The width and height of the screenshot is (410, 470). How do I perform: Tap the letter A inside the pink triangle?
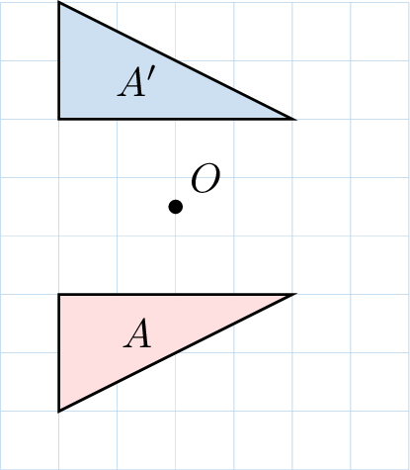pyautogui.click(x=137, y=333)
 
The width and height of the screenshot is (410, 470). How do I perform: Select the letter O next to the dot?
pyautogui.click(x=205, y=178)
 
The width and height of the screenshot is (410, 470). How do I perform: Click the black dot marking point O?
pyautogui.click(x=176, y=207)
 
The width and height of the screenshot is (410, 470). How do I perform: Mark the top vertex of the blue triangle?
pyautogui.click(x=59, y=3)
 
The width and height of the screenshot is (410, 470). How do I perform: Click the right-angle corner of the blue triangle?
pyautogui.click(x=59, y=119)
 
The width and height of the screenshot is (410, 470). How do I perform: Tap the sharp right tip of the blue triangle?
pyautogui.click(x=294, y=119)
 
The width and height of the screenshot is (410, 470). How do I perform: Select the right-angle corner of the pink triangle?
pyautogui.click(x=59, y=294)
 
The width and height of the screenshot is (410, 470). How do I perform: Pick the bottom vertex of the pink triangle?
pyautogui.click(x=59, y=411)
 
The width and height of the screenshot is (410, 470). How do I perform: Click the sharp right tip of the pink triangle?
pyautogui.click(x=294, y=294)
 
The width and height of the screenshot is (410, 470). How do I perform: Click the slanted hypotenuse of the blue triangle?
pyautogui.click(x=177, y=60)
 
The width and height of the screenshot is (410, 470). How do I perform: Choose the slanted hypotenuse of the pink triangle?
pyautogui.click(x=177, y=352)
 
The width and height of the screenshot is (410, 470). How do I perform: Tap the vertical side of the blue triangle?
pyautogui.click(x=59, y=60)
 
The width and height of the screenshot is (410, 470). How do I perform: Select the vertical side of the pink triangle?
pyautogui.click(x=59, y=352)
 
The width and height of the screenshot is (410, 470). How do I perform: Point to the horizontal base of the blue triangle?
pyautogui.click(x=177, y=119)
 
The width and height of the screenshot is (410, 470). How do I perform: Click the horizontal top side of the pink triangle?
pyautogui.click(x=177, y=294)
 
